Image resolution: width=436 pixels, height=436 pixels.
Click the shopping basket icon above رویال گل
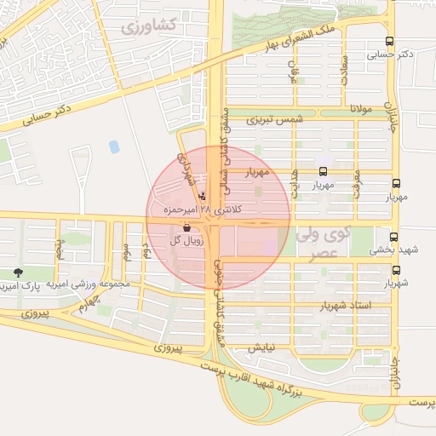click(186, 227)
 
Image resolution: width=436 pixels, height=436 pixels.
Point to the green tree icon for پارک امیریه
click(18, 272)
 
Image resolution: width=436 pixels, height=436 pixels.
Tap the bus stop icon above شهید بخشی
click(393, 238)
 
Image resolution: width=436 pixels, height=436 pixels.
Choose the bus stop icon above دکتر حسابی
click(389, 41)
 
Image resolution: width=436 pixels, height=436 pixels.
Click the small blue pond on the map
click(114, 146)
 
